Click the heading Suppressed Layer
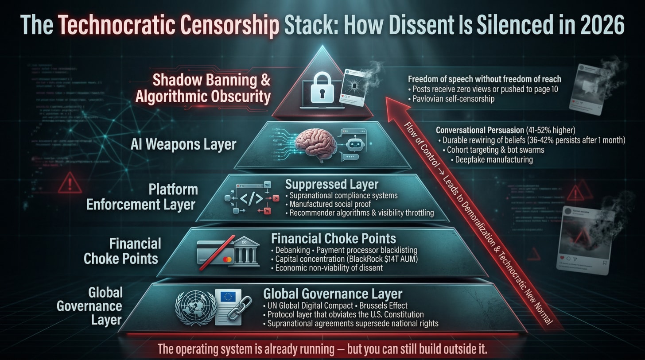click(x=332, y=184)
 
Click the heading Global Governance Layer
click(x=333, y=294)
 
